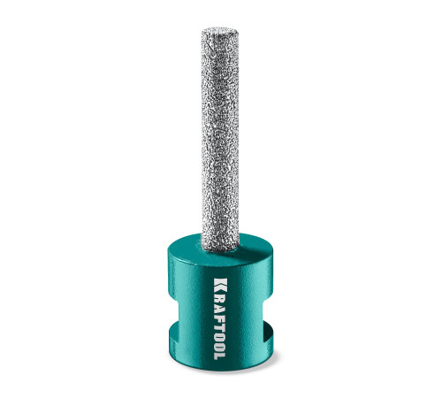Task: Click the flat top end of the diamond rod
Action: [x=219, y=30]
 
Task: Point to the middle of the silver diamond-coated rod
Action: [x=219, y=139]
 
